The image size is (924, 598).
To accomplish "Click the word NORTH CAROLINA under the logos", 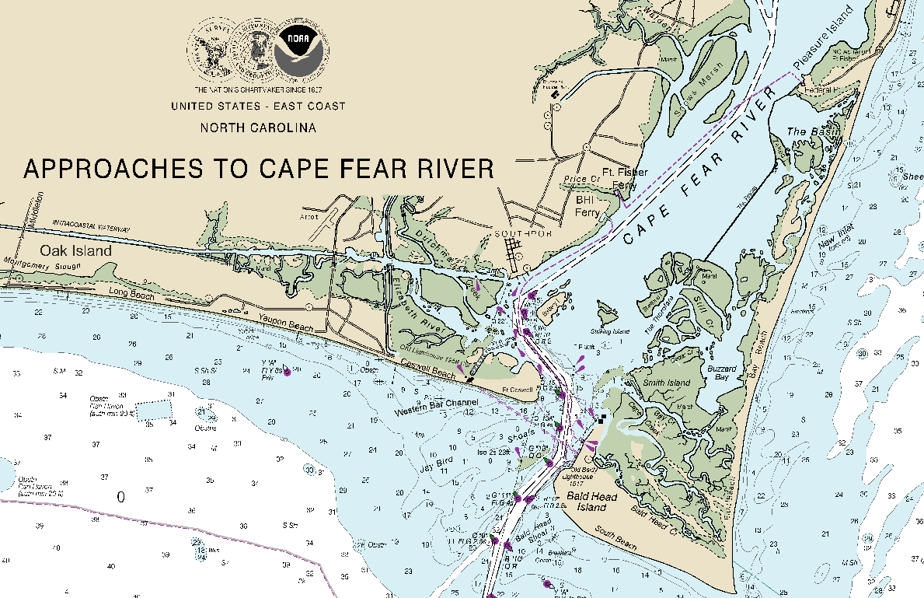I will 258,128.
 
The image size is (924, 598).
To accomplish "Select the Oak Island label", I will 76,250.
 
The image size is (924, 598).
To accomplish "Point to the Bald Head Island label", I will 592,502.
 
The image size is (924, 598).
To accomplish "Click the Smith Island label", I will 666,383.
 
